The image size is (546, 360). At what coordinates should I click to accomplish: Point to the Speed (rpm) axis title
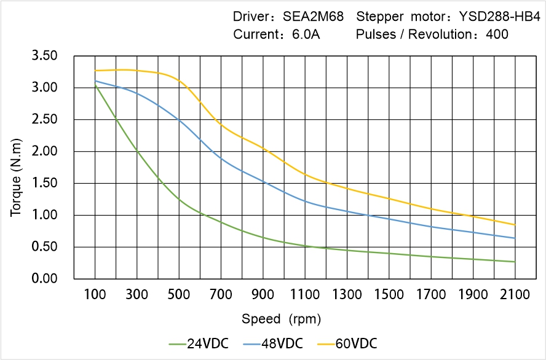(281, 319)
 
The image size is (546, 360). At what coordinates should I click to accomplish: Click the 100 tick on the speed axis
(95, 295)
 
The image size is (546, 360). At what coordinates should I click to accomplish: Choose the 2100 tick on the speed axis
(515, 295)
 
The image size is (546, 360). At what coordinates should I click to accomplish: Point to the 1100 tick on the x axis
(305, 295)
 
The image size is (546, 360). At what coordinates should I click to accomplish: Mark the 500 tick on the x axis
(179, 295)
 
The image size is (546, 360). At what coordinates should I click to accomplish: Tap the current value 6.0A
(306, 34)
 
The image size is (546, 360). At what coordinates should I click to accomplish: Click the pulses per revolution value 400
(497, 34)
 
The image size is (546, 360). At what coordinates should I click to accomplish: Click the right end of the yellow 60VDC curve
(515, 225)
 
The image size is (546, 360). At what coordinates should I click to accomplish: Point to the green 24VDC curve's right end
(515, 262)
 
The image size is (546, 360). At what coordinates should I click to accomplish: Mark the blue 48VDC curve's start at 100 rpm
(95, 81)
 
